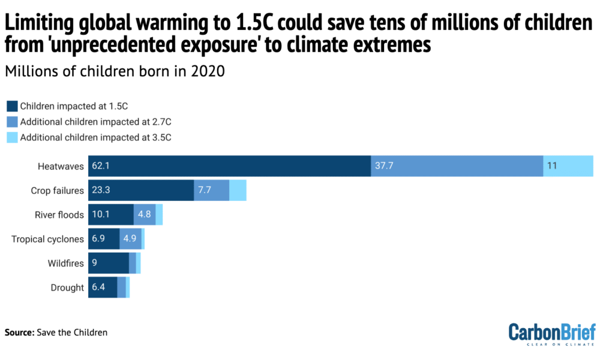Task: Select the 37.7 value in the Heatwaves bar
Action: tap(385, 166)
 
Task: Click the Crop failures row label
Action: tap(58, 190)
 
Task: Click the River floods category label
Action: tap(59, 215)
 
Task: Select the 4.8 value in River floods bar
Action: tap(145, 215)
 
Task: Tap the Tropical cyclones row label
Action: tap(48, 239)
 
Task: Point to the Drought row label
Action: tap(67, 288)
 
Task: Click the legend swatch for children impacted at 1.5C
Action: tap(11, 106)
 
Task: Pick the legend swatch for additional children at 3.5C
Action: tap(11, 137)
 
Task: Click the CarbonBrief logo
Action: tap(551, 334)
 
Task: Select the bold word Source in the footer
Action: tap(19, 332)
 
